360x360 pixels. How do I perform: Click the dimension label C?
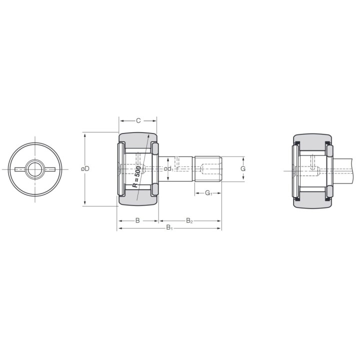point(138,120)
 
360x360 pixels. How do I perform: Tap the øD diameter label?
point(85,169)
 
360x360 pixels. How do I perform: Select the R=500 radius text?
point(137,176)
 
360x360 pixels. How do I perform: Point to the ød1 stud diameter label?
point(169,169)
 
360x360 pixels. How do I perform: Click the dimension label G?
point(243,169)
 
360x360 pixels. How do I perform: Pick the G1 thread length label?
point(208,193)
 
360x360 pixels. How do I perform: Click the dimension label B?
point(137,220)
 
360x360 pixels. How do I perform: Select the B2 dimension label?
point(189,221)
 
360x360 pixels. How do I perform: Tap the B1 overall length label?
point(169,228)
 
